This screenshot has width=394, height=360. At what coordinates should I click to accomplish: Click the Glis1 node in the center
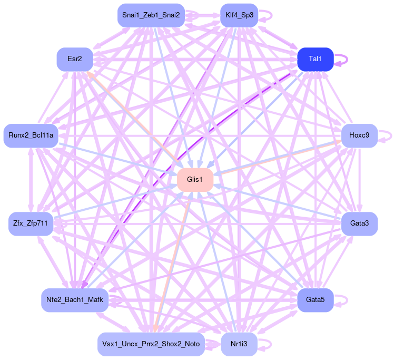pyautogui.click(x=195, y=180)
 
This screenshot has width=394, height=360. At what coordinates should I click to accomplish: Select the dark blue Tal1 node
pyautogui.click(x=315, y=59)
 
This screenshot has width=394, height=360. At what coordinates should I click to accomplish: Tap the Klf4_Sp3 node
pyautogui.click(x=239, y=15)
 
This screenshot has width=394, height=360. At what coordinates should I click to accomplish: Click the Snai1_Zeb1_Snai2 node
pyautogui.click(x=151, y=15)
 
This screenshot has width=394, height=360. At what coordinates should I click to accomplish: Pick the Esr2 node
pyautogui.click(x=75, y=59)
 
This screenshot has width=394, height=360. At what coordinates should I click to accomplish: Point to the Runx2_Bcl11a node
pyautogui.click(x=31, y=135)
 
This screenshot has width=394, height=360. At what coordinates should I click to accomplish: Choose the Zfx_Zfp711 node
pyautogui.click(x=31, y=224)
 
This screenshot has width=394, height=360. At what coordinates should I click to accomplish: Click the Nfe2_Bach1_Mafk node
pyautogui.click(x=75, y=300)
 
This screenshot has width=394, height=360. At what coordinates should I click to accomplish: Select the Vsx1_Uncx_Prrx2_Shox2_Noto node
pyautogui.click(x=151, y=344)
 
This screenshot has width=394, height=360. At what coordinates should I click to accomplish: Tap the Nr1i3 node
pyautogui.click(x=239, y=344)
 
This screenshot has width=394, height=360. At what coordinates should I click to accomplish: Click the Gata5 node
pyautogui.click(x=315, y=300)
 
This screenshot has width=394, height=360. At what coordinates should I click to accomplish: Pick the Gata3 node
pyautogui.click(x=359, y=224)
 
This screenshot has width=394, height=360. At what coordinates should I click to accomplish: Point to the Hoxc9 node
pyautogui.click(x=359, y=135)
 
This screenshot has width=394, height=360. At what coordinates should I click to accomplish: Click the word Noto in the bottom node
pyautogui.click(x=191, y=344)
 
